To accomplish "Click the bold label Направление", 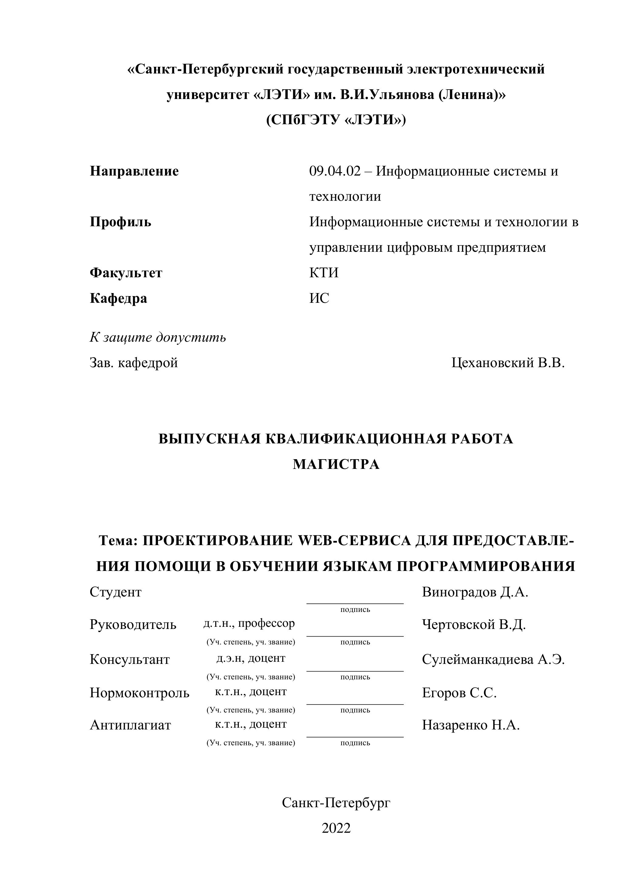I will [x=134, y=171].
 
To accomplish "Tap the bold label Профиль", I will [x=120, y=222].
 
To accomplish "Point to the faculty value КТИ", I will [x=324, y=273].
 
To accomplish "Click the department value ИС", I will [x=319, y=298].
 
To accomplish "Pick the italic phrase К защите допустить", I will [x=158, y=337].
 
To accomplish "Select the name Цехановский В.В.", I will [x=508, y=363].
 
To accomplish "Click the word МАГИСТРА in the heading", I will [x=336, y=464].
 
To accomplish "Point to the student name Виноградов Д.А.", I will [x=475, y=592].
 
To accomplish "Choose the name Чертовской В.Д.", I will [x=474, y=624].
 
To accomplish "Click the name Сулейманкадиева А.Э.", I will [x=493, y=659].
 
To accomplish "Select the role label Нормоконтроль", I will [x=139, y=692].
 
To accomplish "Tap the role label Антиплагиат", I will [x=130, y=725].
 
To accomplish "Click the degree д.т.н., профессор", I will [x=249, y=623].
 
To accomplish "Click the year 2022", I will [x=336, y=828].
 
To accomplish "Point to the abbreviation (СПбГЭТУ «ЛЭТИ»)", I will [x=336, y=120].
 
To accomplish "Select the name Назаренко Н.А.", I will [x=471, y=725].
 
